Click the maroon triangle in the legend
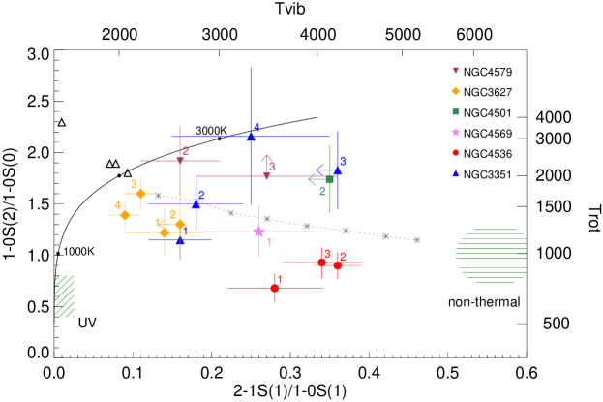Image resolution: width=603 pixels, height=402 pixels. click(455, 71)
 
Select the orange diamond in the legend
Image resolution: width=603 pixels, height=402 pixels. click(455, 91)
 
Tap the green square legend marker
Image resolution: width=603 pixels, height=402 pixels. click(455, 111)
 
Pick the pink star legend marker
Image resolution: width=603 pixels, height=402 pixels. click(455, 132)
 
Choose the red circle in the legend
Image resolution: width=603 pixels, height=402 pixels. click(455, 152)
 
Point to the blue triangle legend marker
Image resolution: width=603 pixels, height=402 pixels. click(455, 173)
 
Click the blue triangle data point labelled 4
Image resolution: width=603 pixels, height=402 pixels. click(251, 137)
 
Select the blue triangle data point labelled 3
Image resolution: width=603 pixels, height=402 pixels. click(337, 170)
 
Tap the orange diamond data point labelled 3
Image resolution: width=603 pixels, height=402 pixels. click(140, 194)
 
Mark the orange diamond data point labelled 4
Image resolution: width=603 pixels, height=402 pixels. click(125, 215)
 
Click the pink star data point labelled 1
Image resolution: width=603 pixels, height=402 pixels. click(258, 232)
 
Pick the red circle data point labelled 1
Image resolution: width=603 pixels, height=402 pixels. click(275, 288)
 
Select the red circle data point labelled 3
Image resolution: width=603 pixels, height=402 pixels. click(321, 262)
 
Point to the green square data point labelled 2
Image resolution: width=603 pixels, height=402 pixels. click(329, 179)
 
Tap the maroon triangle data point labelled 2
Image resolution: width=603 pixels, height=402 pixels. click(180, 160)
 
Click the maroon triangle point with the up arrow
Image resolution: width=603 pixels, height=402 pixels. click(266, 175)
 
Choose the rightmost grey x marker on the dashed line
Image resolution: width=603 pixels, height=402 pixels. click(416, 239)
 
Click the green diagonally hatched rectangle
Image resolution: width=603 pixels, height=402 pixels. click(65, 296)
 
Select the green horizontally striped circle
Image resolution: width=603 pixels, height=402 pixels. click(491, 256)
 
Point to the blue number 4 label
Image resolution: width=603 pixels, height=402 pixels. click(256, 127)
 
